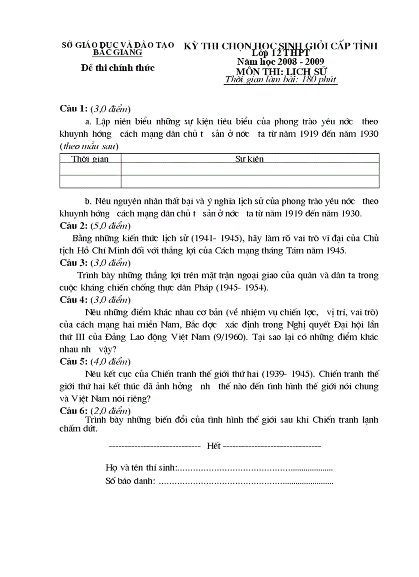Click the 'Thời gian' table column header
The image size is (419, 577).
point(90,159)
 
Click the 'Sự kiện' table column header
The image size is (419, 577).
point(250,159)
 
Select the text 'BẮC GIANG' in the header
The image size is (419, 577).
point(118,52)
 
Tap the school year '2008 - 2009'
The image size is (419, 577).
point(303,62)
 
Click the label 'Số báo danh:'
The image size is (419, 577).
point(130,481)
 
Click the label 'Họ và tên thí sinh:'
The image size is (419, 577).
point(141,468)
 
